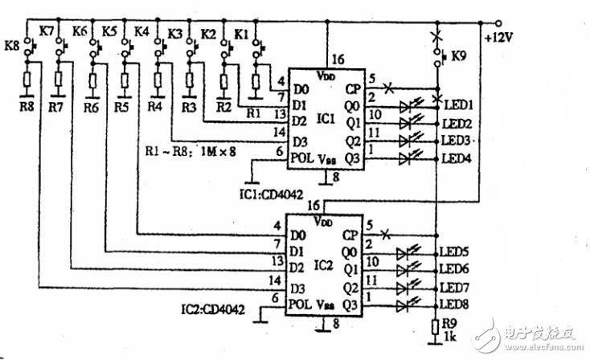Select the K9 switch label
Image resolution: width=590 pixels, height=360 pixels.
click(458, 57)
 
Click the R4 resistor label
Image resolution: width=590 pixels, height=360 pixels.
click(155, 106)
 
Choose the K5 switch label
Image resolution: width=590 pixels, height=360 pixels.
click(109, 31)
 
